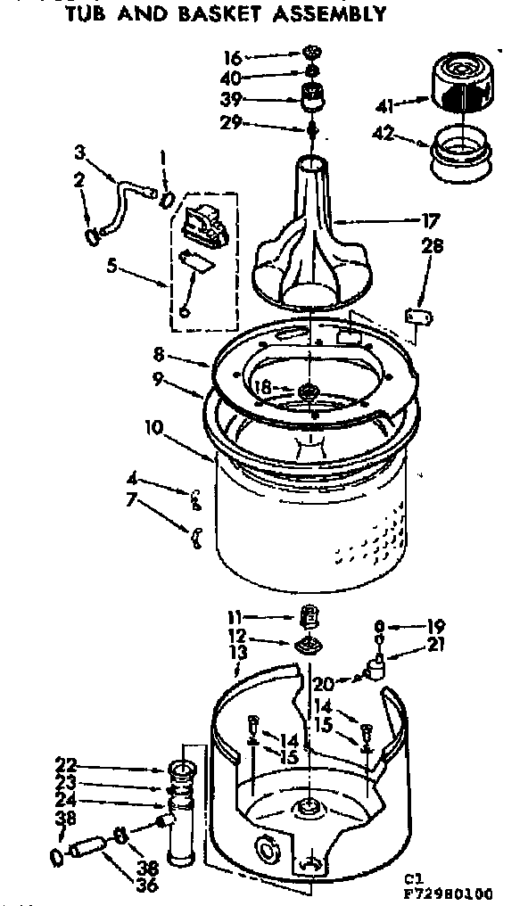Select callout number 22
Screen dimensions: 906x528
point(65,764)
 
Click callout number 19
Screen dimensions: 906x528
point(436,625)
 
